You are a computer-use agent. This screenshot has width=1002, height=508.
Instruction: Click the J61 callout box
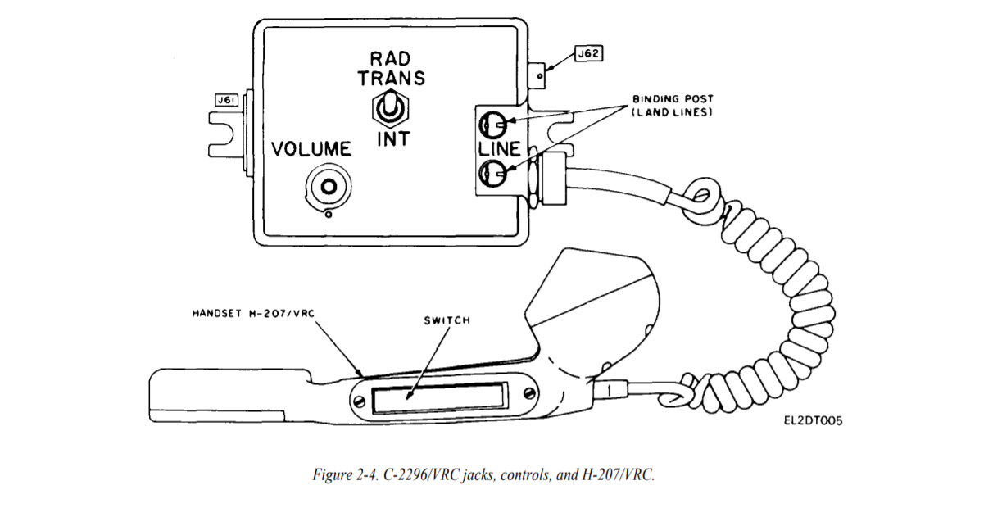(226, 100)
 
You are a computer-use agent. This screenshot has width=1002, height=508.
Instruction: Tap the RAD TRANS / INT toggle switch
(391, 109)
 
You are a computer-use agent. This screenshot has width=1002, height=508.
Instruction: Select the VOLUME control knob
(329, 187)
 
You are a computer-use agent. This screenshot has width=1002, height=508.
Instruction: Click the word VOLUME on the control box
(311, 149)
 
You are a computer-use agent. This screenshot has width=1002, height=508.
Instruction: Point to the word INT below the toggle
(393, 139)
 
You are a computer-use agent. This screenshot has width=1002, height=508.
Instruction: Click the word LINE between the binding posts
(500, 149)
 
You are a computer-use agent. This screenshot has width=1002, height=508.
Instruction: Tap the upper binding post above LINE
(493, 125)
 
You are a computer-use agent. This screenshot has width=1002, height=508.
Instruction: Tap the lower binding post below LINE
(493, 173)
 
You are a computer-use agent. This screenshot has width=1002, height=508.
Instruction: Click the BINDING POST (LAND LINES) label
(672, 106)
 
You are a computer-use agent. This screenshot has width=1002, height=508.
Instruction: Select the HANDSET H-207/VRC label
(254, 313)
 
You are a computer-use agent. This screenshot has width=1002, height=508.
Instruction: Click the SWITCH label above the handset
(447, 320)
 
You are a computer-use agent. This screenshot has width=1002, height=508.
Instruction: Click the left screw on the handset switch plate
(359, 401)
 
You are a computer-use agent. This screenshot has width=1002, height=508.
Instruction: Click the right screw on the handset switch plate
(529, 393)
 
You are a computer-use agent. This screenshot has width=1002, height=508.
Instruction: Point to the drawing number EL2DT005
(814, 421)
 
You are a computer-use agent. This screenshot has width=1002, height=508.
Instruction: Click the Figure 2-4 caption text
(483, 474)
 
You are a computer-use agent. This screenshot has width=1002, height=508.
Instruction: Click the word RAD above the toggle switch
(390, 58)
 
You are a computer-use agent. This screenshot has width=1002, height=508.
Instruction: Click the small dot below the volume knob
(329, 215)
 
